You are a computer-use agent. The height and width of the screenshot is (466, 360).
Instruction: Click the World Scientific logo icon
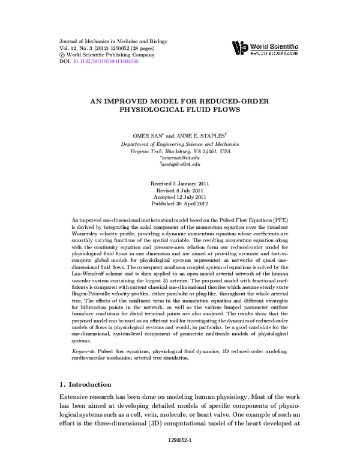point(239,47)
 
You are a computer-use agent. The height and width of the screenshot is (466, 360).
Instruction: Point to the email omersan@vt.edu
point(181,158)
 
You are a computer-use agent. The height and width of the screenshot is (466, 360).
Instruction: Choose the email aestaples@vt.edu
point(181,165)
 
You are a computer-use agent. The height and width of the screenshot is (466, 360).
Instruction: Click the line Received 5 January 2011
point(180,182)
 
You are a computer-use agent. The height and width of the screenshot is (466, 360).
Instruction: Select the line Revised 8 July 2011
point(180,189)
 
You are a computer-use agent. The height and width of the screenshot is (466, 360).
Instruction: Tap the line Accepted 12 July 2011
point(180,196)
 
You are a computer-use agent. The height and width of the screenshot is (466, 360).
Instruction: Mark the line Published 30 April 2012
point(180,204)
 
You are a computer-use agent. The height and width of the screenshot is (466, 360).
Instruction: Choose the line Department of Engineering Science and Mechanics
point(180,145)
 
